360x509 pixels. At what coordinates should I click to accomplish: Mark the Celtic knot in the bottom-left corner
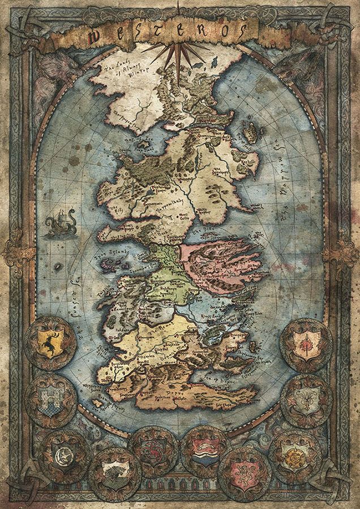click(19, 490)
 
